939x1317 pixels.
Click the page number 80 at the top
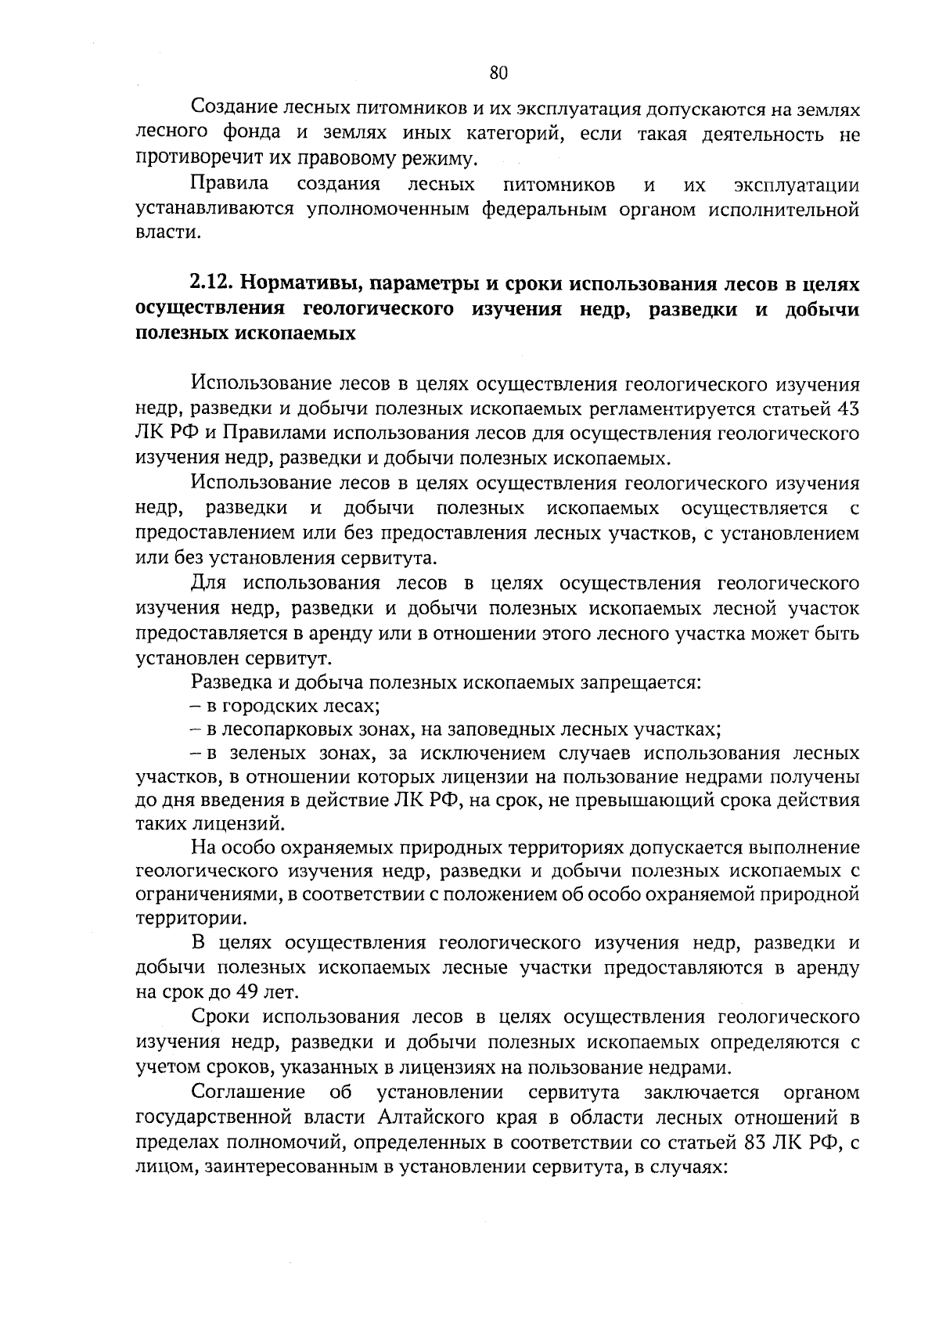tap(498, 73)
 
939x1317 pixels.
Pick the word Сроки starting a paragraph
tap(221, 1017)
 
